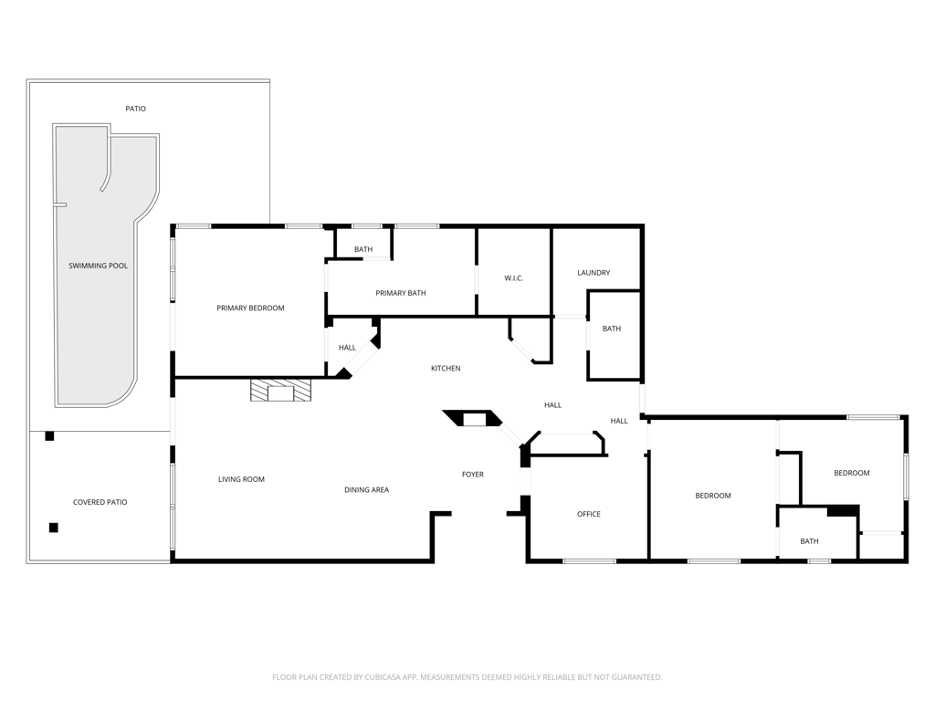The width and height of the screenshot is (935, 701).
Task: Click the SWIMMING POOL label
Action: coord(98,266)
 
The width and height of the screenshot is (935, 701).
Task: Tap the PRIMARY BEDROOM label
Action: coord(250,309)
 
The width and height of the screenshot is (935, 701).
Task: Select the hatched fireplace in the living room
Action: coord(281,390)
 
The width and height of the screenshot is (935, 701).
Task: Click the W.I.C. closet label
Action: coord(513,278)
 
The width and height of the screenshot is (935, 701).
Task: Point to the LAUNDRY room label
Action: coord(594,273)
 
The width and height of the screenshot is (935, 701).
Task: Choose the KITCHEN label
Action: coord(446,369)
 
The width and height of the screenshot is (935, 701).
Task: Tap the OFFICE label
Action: coord(589,514)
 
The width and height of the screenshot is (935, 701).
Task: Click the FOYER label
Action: coord(473,475)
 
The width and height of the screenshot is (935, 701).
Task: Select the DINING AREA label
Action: coord(367,490)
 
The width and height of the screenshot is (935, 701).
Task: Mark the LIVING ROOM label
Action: coord(241,479)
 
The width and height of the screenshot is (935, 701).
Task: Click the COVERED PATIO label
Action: coord(100,503)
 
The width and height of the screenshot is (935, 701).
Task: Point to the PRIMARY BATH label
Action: coord(401,293)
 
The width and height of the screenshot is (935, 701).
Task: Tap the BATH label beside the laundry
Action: coord(611,329)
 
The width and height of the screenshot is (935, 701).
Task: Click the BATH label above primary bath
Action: coord(363,250)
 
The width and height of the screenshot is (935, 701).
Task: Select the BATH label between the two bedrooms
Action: coord(809,541)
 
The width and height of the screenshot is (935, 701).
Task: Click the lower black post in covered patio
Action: coord(54,528)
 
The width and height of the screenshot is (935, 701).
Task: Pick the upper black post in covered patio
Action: coord(49,436)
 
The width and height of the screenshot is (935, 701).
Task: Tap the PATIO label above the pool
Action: coord(135,110)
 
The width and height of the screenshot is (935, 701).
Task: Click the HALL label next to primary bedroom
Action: coord(347,348)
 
